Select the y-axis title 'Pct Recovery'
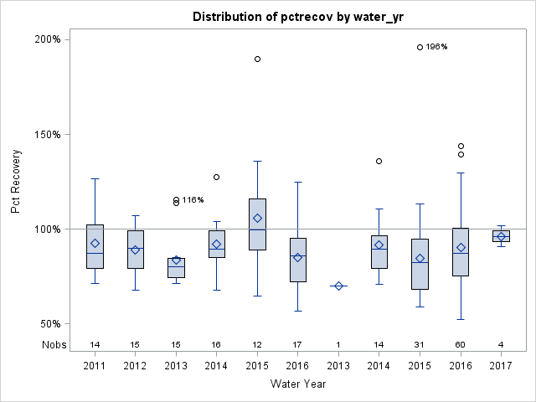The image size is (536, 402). [16, 182]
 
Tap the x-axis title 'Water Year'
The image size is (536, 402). [298, 384]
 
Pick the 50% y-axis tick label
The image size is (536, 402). [49, 324]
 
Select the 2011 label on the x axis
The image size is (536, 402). [95, 366]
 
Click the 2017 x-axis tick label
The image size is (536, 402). [501, 366]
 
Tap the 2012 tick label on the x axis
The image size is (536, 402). [136, 366]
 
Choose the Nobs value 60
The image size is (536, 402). [461, 344]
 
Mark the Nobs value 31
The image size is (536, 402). [420, 344]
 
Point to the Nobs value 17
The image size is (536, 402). [298, 344]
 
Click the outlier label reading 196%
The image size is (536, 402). [436, 47]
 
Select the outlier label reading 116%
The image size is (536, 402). [193, 200]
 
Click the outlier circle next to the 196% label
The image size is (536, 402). [420, 47]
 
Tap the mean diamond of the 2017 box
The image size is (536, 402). [501, 236]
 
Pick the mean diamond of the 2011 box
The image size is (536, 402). [95, 244]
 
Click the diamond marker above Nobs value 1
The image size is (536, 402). [338, 286]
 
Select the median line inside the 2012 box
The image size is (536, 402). [136, 248]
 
